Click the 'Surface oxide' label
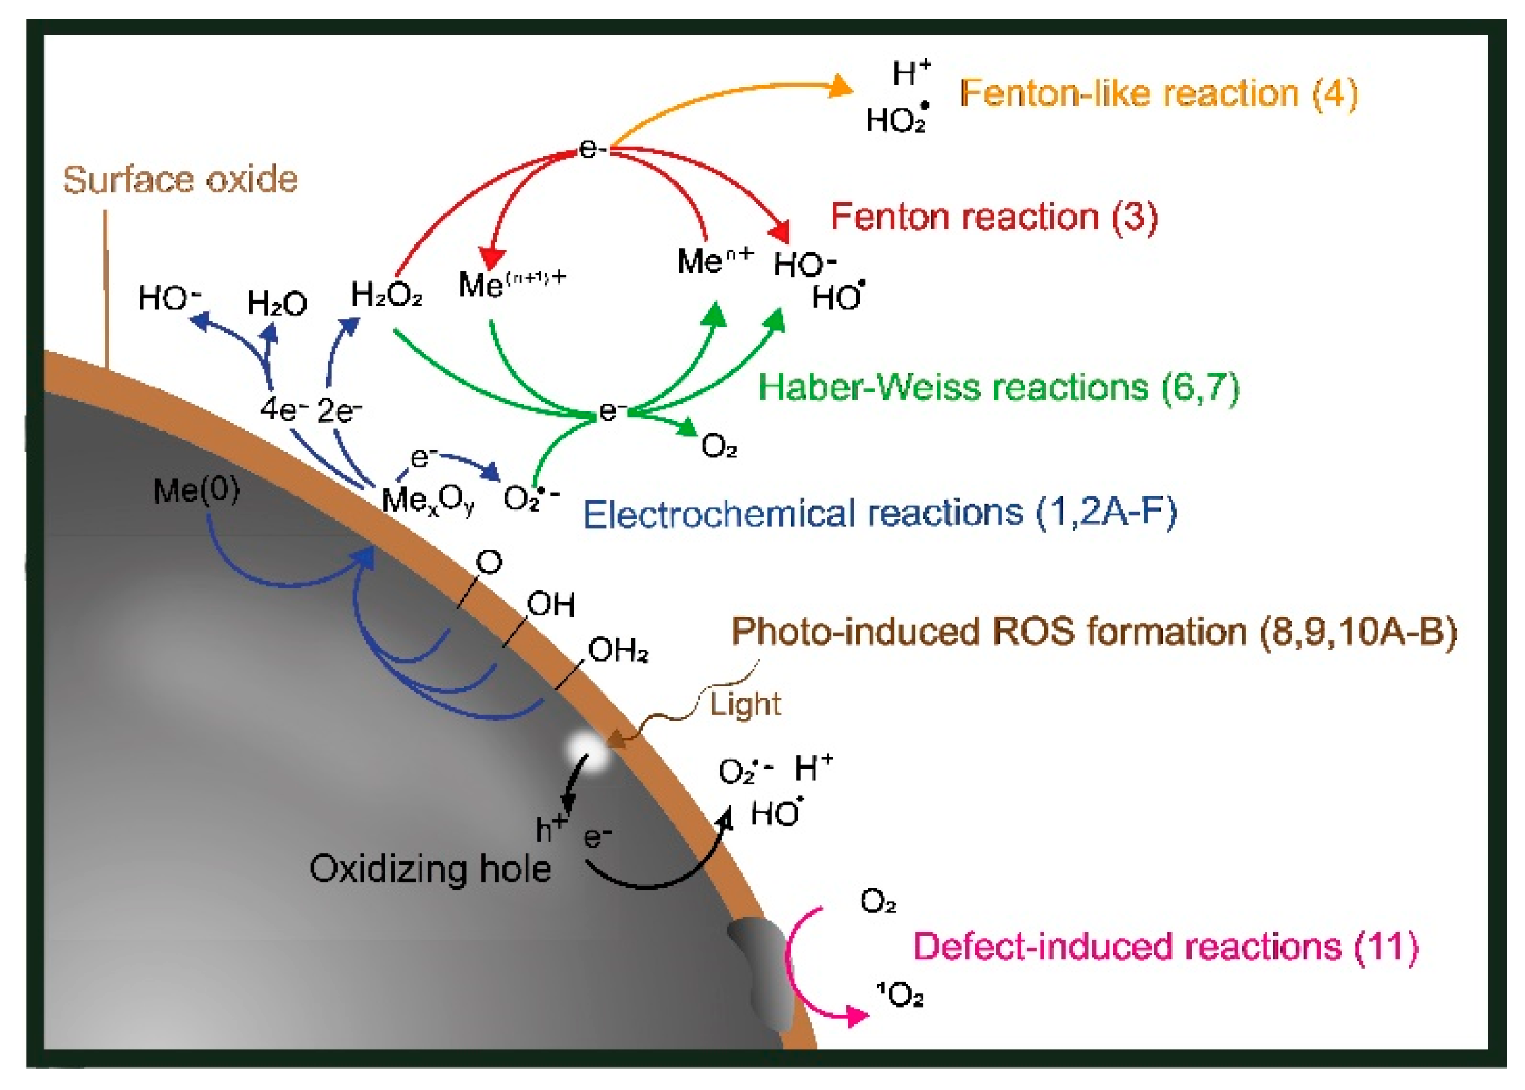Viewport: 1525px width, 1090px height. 180,180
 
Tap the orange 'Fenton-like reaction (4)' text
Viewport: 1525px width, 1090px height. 1159,94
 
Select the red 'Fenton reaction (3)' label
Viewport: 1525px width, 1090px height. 994,216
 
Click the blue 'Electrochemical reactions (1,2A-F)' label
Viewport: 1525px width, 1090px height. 879,513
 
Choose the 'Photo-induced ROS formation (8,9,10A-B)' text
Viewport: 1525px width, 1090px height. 1094,631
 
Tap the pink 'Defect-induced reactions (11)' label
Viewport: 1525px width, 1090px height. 1166,946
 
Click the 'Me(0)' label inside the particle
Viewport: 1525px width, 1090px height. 196,490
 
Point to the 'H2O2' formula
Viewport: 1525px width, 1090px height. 386,295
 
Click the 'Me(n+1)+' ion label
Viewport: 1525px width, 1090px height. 512,283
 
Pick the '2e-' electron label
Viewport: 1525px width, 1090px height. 339,411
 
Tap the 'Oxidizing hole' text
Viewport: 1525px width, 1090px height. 430,869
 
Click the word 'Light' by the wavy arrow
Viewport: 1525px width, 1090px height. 745,704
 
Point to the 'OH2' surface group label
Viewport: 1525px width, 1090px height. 617,650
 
